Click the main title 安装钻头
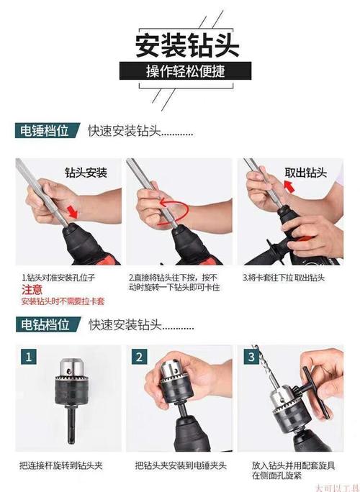(x=180, y=45)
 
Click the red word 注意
(x=32, y=289)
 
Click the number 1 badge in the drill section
(x=28, y=356)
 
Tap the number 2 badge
(x=140, y=356)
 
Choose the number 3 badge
(x=251, y=356)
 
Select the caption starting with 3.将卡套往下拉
(x=284, y=277)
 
